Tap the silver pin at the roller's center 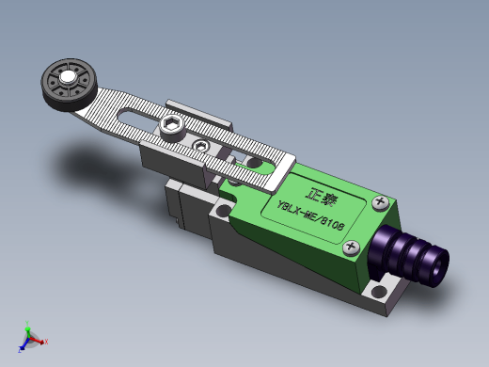point(67,77)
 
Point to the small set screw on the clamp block point(200,146)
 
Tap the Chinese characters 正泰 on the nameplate point(322,197)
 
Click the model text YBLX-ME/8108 point(310,215)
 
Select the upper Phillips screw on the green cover point(381,201)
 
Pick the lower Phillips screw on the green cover point(352,247)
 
